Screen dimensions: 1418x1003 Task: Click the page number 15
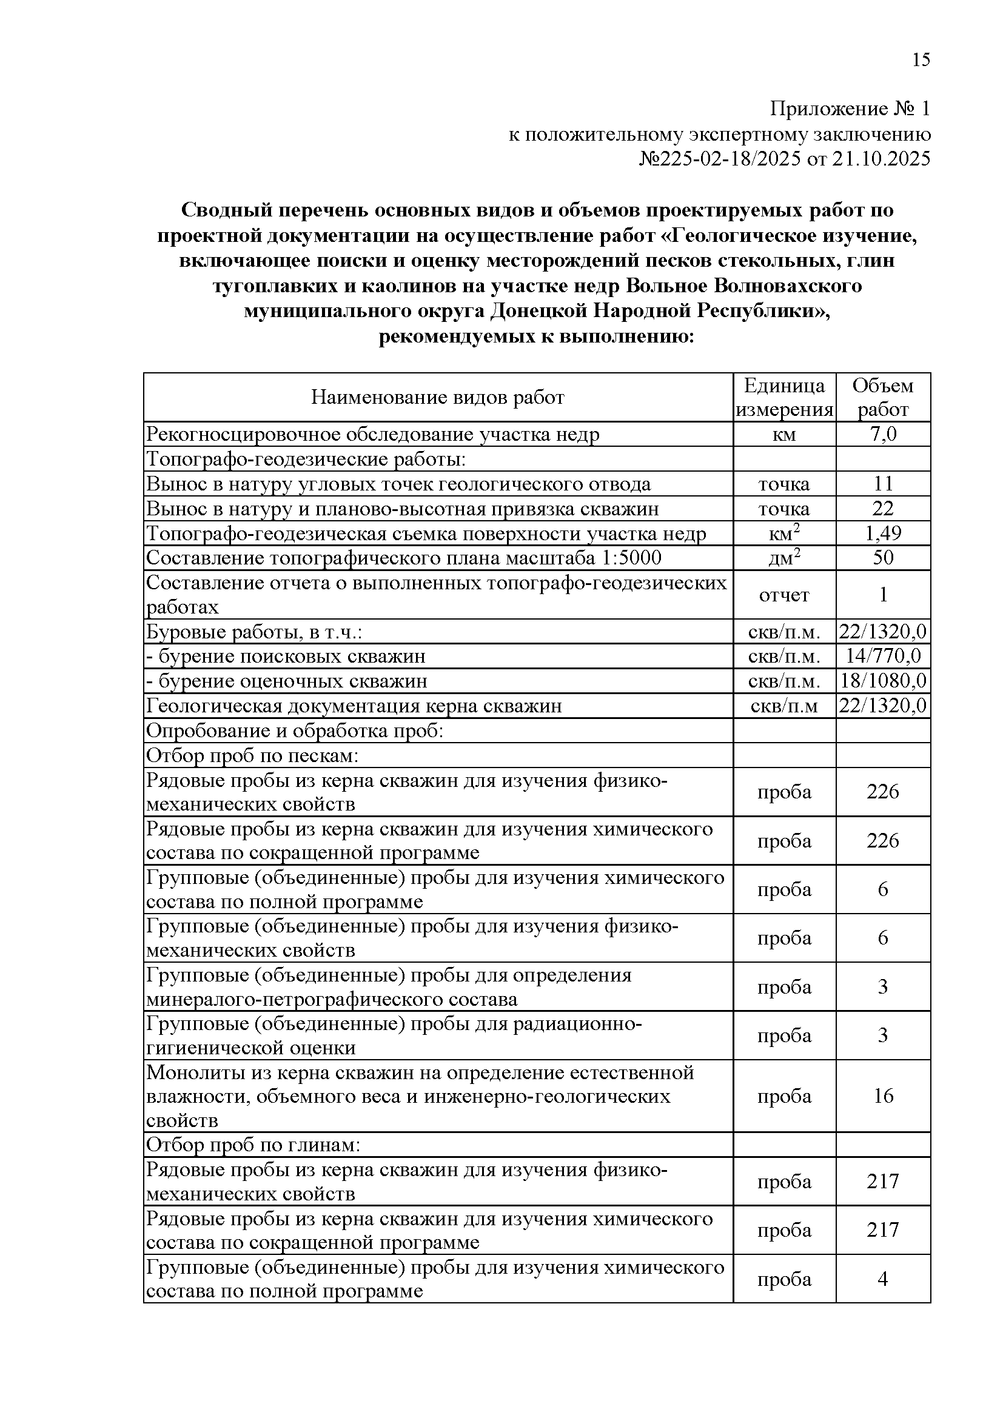[x=921, y=60]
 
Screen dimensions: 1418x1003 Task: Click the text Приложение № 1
[x=850, y=109]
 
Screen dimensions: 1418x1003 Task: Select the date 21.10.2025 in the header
[x=881, y=159]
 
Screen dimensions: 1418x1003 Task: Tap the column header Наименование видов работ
[x=437, y=397]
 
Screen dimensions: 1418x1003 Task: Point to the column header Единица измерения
[x=784, y=397]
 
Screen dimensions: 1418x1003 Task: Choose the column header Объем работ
[x=882, y=397]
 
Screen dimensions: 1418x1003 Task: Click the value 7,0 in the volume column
[x=882, y=434]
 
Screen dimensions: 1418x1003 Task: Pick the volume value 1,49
[x=882, y=533]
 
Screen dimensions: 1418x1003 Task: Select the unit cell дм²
[x=784, y=558]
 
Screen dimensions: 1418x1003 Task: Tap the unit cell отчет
[x=784, y=595]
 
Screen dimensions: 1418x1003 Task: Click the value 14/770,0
[x=883, y=656]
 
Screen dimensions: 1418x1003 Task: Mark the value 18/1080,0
[x=883, y=681]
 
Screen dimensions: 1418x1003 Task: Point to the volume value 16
[x=883, y=1095]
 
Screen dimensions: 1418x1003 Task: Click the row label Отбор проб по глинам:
[x=253, y=1145]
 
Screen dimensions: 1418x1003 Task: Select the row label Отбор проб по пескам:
[x=253, y=755]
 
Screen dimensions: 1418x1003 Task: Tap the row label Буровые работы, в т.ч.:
[x=254, y=632]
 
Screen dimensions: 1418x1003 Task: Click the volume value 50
[x=882, y=558]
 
